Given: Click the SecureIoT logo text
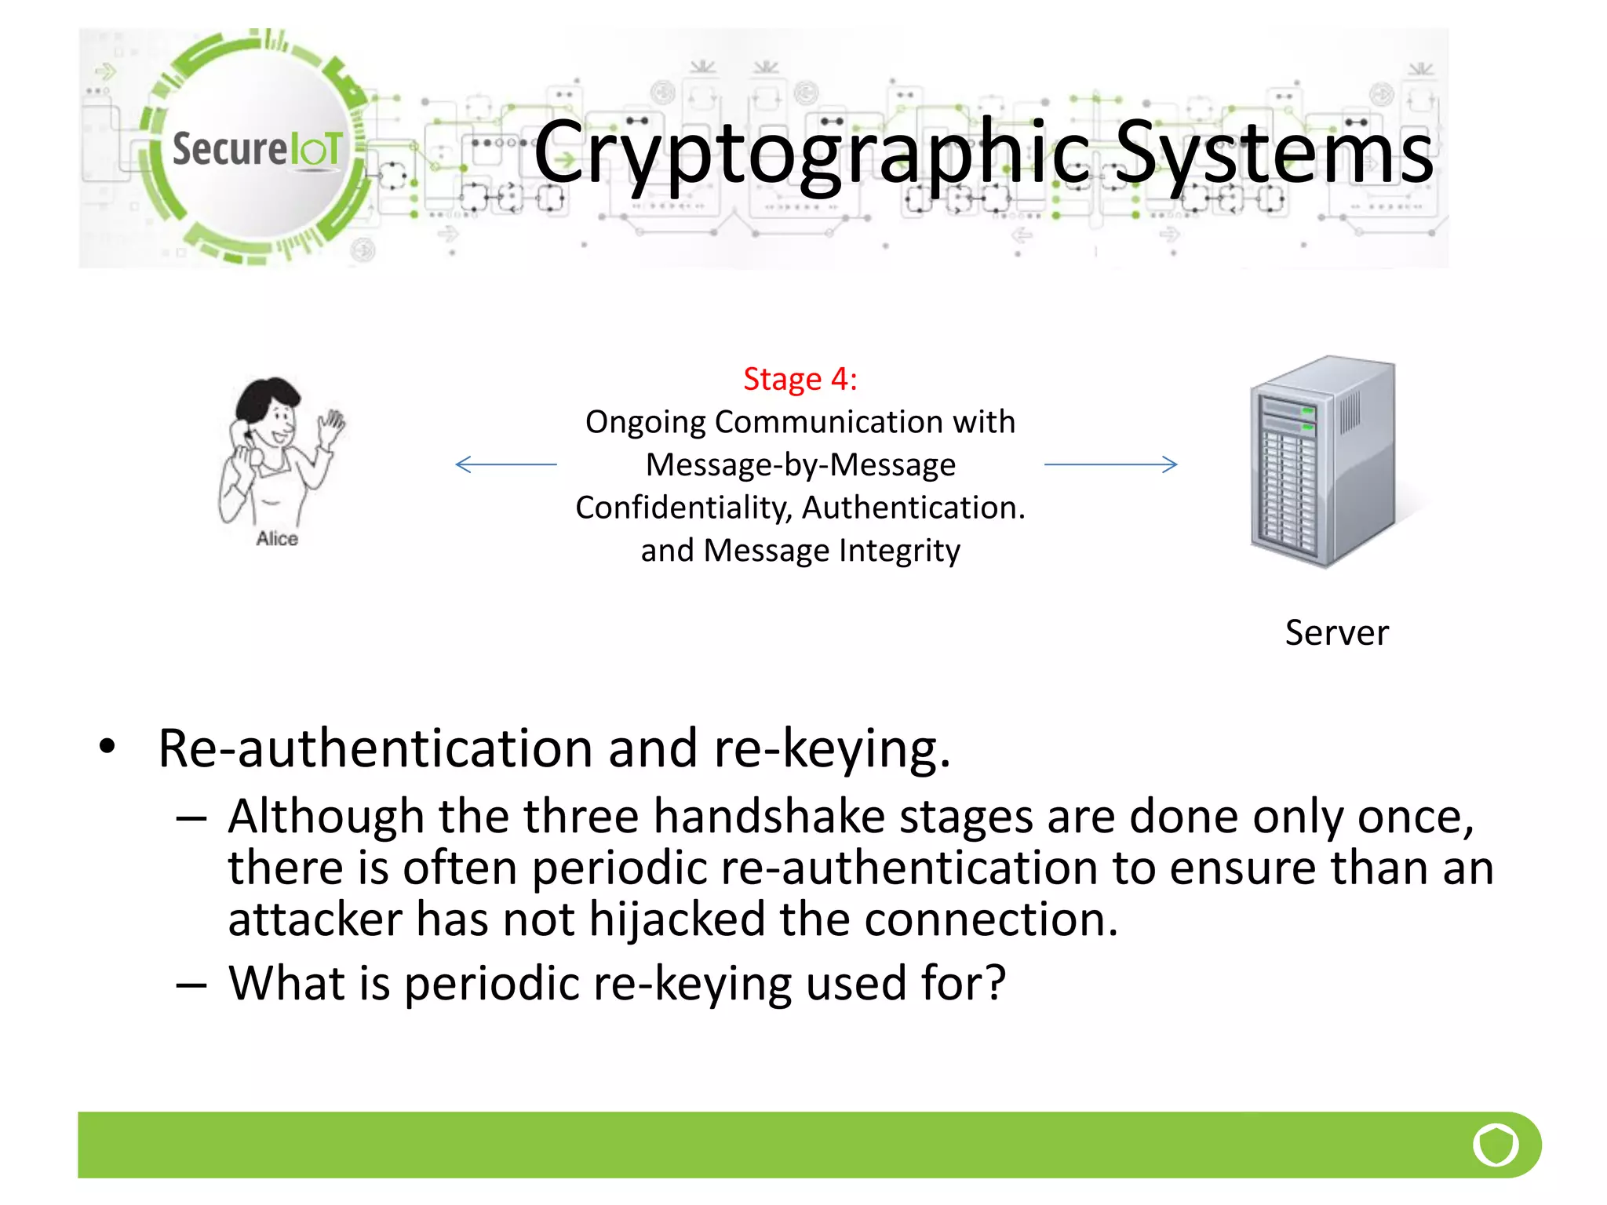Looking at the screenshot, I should click(257, 148).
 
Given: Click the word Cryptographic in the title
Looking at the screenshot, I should click(811, 153).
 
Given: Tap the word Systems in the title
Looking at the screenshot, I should click(1274, 153).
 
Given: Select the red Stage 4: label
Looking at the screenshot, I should click(800, 379).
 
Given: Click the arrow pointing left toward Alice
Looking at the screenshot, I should click(506, 464).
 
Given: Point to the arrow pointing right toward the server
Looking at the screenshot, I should click(1110, 464).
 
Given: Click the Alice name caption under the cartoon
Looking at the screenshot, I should click(277, 539).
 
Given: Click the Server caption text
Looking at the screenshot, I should click(1336, 632).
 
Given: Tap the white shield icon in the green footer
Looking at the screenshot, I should click(1495, 1145).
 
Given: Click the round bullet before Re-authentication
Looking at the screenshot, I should click(107, 746).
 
